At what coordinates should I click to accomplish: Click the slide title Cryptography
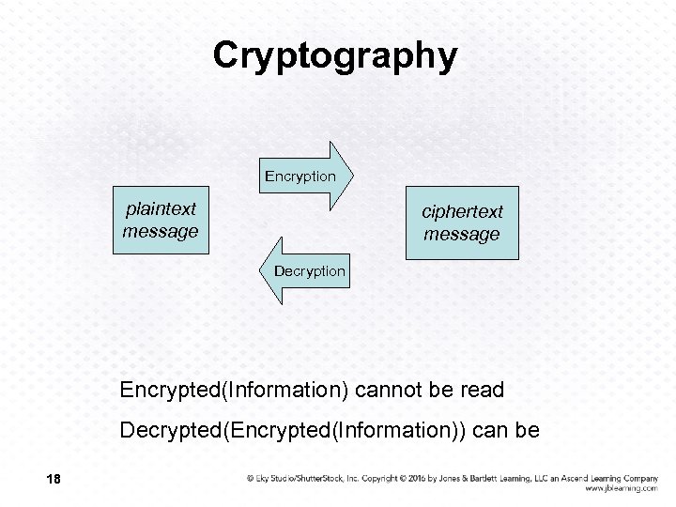[x=335, y=54]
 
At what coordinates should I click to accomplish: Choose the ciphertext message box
[x=462, y=223]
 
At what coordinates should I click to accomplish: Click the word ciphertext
[x=462, y=212]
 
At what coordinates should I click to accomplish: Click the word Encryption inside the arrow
[x=300, y=176]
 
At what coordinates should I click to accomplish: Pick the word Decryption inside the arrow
[x=310, y=271]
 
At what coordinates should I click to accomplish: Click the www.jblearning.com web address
[x=621, y=488]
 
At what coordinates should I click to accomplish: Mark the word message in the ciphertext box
[x=462, y=234]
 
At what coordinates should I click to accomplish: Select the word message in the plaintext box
[x=161, y=230]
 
